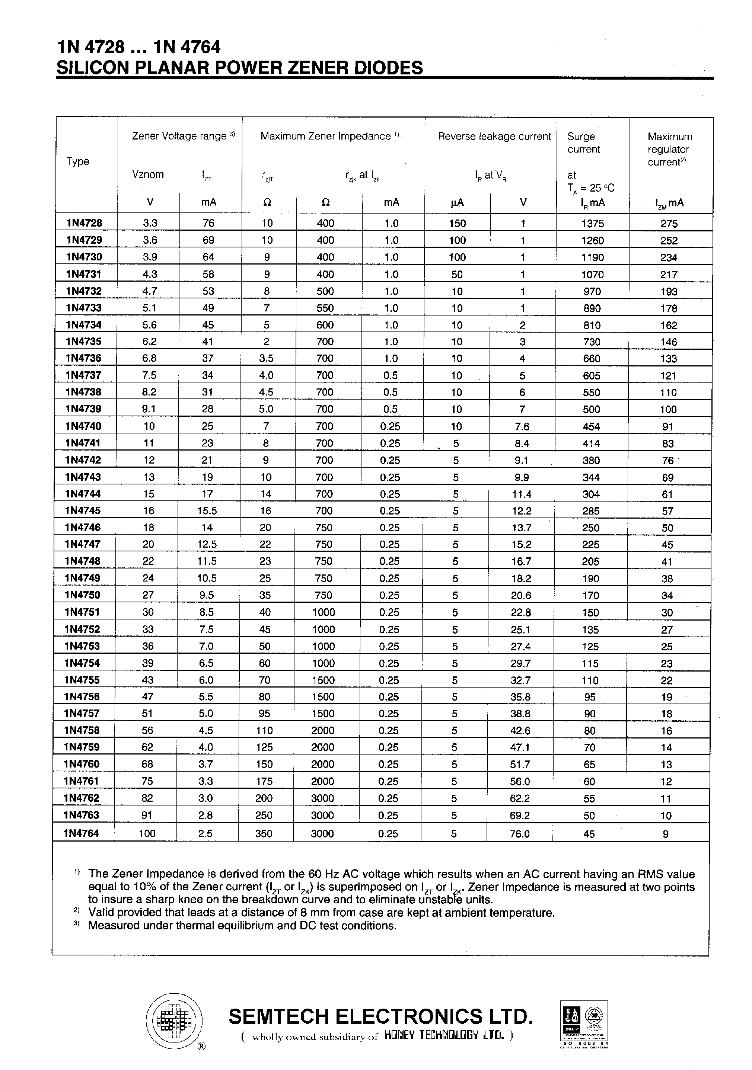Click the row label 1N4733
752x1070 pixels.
83,308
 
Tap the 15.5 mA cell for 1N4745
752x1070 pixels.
207,510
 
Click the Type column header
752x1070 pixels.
78,161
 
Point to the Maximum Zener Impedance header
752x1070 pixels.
325,136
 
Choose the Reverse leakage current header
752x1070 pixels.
494,137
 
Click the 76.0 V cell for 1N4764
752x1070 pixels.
520,834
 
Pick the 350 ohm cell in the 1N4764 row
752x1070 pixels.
264,833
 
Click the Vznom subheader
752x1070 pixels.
148,174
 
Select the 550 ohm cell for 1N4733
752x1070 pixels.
325,308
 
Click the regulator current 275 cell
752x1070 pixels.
669,224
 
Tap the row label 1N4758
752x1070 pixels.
82,730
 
